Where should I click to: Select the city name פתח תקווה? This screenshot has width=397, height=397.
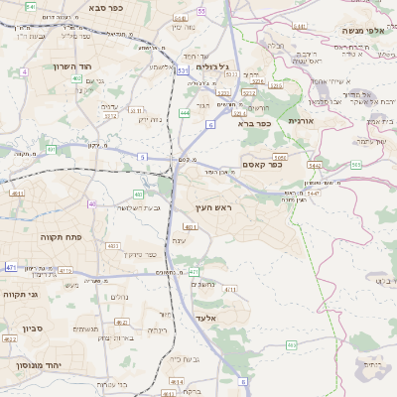click(60, 237)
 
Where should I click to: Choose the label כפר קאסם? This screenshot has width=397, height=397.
click(262, 165)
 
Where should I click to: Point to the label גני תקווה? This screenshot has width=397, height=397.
click(20, 295)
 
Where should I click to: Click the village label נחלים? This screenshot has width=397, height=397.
click(119, 297)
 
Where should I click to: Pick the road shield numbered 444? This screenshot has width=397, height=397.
click(185, 114)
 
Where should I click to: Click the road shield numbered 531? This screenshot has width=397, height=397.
click(183, 71)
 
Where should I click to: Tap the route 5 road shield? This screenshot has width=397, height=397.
click(142, 157)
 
